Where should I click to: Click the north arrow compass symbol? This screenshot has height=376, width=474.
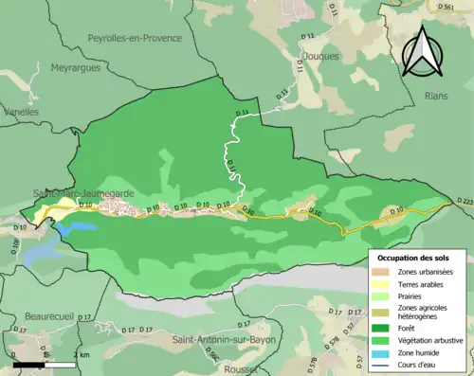point(425,49)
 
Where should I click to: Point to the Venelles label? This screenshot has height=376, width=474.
point(19,112)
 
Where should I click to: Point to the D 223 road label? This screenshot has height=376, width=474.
point(464,201)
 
